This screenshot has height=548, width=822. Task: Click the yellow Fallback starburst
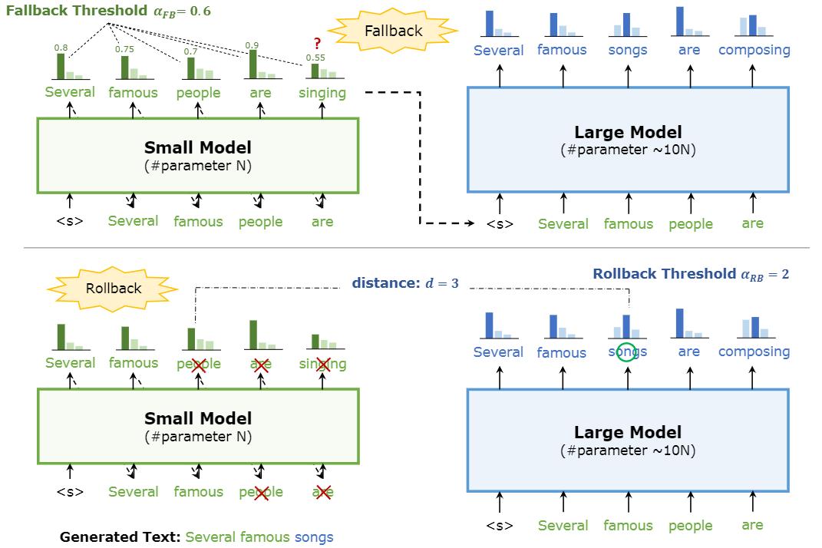coord(394,31)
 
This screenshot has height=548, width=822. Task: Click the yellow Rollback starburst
coord(113,289)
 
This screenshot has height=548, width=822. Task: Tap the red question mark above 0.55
coord(315,45)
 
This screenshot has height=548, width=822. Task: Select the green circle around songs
coord(627,352)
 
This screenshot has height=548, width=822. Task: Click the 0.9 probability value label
coord(252,46)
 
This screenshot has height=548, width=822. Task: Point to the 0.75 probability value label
coord(124,50)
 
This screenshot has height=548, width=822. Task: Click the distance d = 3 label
coord(405,283)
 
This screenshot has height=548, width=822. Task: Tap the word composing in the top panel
coord(754,50)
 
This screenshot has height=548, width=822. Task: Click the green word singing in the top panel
coord(322,93)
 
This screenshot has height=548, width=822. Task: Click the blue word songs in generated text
coord(314,537)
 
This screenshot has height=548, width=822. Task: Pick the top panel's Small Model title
coord(198,147)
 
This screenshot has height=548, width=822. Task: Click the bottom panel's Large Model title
coord(628,432)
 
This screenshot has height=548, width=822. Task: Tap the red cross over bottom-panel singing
coord(323,364)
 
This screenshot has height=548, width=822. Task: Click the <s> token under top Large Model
coord(500,224)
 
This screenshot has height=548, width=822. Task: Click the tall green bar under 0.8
coord(61,67)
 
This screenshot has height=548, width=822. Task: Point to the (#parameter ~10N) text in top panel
coord(628,150)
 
